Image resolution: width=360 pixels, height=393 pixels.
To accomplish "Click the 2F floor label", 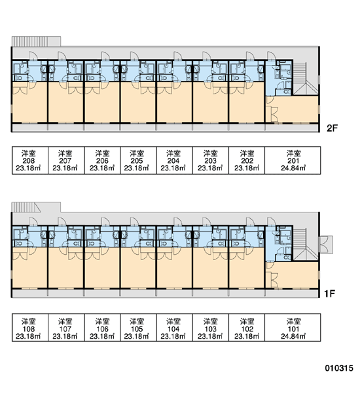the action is [x=332, y=128].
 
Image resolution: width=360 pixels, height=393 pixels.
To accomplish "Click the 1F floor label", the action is [x=330, y=293].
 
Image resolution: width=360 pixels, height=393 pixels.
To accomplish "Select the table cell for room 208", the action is [x=30, y=160].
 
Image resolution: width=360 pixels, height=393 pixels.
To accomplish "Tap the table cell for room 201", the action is [x=293, y=160].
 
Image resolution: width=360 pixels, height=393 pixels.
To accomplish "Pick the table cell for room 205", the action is [x=139, y=160].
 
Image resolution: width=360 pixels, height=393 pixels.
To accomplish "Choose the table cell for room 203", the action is [x=211, y=160].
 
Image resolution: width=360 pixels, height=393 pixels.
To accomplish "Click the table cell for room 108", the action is [x=30, y=327].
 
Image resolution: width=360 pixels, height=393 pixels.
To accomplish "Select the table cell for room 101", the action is [x=293, y=327].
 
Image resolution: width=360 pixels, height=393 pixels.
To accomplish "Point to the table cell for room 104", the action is [x=175, y=327].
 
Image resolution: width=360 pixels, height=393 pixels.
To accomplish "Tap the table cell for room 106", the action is [x=103, y=327].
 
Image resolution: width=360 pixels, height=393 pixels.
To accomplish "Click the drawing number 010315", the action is [x=339, y=368].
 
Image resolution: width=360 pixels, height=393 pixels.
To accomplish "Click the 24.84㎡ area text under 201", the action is [x=293, y=168].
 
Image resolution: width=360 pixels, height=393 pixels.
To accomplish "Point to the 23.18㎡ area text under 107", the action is [x=65, y=336].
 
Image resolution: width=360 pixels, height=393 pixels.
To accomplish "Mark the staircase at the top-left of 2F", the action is [x=29, y=41].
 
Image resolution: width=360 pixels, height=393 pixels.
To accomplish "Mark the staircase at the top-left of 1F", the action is [x=26, y=207].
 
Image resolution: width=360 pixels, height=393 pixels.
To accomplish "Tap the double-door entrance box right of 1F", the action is [x=326, y=244].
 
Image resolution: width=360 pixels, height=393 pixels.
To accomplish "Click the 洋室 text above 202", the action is [x=247, y=153].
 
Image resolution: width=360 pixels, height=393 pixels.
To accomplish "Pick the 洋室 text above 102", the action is [x=247, y=321].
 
